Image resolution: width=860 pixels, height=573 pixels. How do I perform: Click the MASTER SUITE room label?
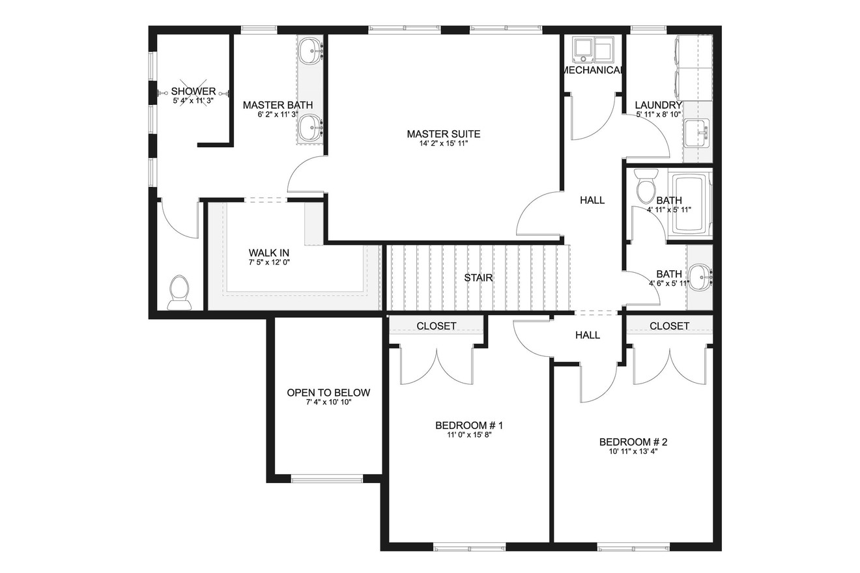[x=443, y=134]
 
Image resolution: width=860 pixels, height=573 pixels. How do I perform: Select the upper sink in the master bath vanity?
[x=311, y=50]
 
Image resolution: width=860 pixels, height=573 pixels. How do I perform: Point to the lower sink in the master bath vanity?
[x=311, y=127]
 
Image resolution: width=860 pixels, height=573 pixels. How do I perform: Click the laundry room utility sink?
[x=697, y=133]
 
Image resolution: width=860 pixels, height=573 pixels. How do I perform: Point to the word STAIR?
[x=478, y=278]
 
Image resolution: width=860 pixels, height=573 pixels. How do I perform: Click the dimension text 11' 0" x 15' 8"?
[x=469, y=436]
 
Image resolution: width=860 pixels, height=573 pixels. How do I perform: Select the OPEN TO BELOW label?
[x=328, y=393]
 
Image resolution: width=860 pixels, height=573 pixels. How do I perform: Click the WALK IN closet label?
[x=268, y=253]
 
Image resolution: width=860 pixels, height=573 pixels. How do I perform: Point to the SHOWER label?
[x=193, y=91]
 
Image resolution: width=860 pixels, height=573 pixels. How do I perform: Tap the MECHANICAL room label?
[x=592, y=70]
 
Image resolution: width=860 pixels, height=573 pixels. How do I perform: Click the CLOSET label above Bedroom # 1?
[x=437, y=326]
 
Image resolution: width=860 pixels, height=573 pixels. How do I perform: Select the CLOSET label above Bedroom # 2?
[x=669, y=326]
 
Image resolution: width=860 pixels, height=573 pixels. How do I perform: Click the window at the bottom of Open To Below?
[x=327, y=479]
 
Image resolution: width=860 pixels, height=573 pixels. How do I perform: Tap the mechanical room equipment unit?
[x=592, y=48]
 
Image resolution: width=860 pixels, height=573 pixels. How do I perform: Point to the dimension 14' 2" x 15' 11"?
[x=443, y=144]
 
